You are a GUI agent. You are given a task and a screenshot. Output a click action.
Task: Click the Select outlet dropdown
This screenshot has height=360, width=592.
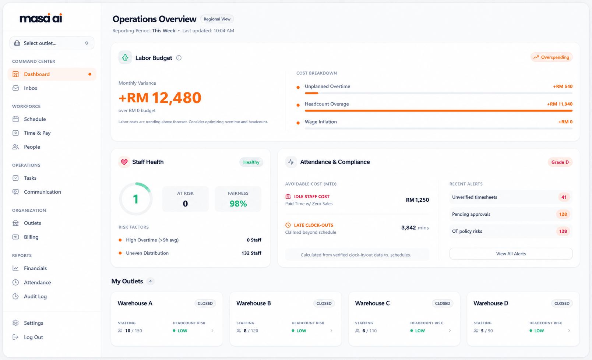pyautogui.click(x=52, y=43)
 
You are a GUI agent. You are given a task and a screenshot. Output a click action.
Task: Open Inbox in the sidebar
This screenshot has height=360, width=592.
pyautogui.click(x=31, y=88)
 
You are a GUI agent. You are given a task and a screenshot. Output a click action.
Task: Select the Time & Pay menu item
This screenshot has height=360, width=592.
pyautogui.click(x=37, y=133)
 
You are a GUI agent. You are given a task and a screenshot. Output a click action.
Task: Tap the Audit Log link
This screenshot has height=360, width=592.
pyautogui.click(x=35, y=296)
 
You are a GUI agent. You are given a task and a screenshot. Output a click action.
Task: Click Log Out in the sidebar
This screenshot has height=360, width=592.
pyautogui.click(x=33, y=337)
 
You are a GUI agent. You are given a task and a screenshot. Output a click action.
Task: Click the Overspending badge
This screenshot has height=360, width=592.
pyautogui.click(x=552, y=57)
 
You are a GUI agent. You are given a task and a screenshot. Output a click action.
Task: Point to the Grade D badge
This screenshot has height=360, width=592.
pyautogui.click(x=560, y=162)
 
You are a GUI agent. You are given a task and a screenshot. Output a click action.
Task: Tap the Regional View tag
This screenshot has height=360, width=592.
pyautogui.click(x=217, y=19)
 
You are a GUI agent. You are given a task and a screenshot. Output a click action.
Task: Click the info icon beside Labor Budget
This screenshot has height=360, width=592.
pyautogui.click(x=179, y=58)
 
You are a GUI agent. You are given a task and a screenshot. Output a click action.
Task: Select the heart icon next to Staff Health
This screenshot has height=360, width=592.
pyautogui.click(x=124, y=162)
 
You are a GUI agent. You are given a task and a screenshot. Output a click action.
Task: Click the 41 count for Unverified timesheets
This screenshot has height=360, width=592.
pyautogui.click(x=564, y=197)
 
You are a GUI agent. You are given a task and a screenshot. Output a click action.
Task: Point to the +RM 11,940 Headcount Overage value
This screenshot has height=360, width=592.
pyautogui.click(x=560, y=104)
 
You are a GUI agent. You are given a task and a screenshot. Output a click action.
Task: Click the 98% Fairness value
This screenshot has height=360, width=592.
pyautogui.click(x=238, y=204)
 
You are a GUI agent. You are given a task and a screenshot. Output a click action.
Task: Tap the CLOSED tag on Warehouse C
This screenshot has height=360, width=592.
pyautogui.click(x=443, y=303)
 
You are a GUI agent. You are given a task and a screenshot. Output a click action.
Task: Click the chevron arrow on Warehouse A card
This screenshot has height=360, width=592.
pyautogui.click(x=212, y=331)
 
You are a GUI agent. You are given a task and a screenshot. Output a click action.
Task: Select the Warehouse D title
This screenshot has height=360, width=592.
pyautogui.click(x=491, y=303)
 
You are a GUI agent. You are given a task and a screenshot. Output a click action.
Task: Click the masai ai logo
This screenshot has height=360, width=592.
pyautogui.click(x=41, y=18)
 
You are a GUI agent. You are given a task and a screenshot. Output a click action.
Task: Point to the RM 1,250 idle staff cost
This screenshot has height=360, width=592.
pyautogui.click(x=417, y=200)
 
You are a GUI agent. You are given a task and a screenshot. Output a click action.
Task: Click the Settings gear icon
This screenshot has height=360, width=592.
pyautogui.click(x=15, y=323)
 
